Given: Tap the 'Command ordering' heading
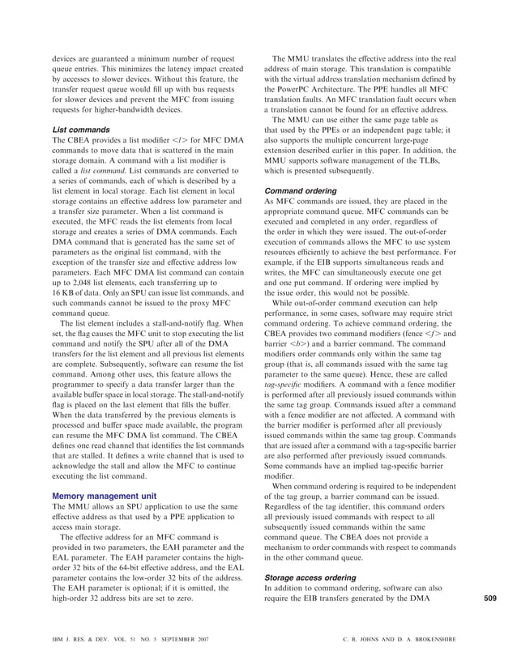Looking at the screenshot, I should [x=301, y=191].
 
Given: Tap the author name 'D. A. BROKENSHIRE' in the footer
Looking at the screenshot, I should [x=420, y=640].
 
